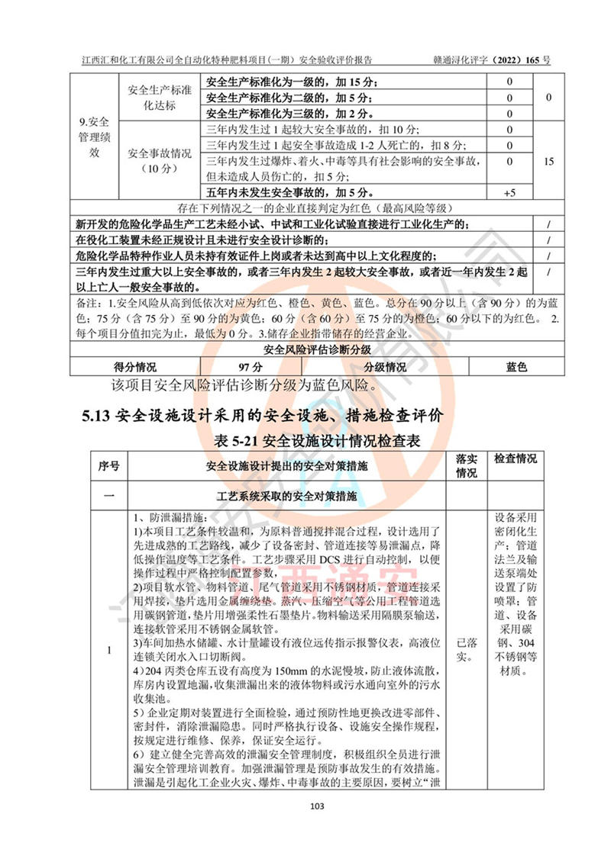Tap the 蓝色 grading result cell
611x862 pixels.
tap(517, 367)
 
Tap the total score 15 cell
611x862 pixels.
tap(548, 162)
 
